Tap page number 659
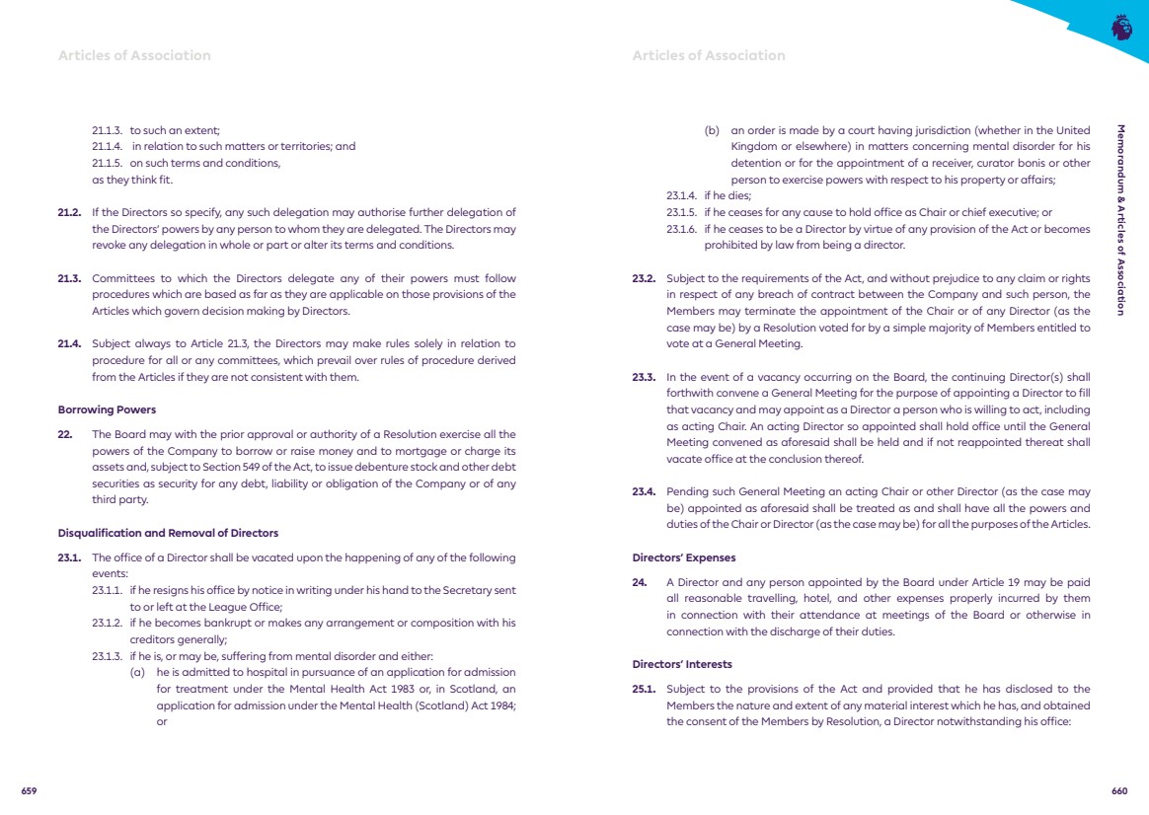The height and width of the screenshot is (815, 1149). (30, 791)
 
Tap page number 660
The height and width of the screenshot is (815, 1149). (1118, 791)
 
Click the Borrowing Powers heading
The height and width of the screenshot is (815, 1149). (107, 409)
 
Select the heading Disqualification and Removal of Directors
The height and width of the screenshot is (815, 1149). (168, 533)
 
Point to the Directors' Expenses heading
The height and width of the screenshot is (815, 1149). (684, 557)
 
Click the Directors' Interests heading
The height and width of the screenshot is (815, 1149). (682, 664)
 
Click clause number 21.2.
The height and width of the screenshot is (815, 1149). (69, 212)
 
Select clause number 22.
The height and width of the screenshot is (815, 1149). (64, 434)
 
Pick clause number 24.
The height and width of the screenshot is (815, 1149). (639, 582)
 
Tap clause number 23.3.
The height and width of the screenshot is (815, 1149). (644, 377)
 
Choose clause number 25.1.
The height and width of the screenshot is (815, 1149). (644, 689)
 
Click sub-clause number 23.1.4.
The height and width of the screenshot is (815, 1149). (681, 196)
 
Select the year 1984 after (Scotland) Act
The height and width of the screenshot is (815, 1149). (500, 704)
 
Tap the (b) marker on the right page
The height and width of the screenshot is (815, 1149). (712, 130)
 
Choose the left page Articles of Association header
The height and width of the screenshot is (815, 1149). (134, 55)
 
